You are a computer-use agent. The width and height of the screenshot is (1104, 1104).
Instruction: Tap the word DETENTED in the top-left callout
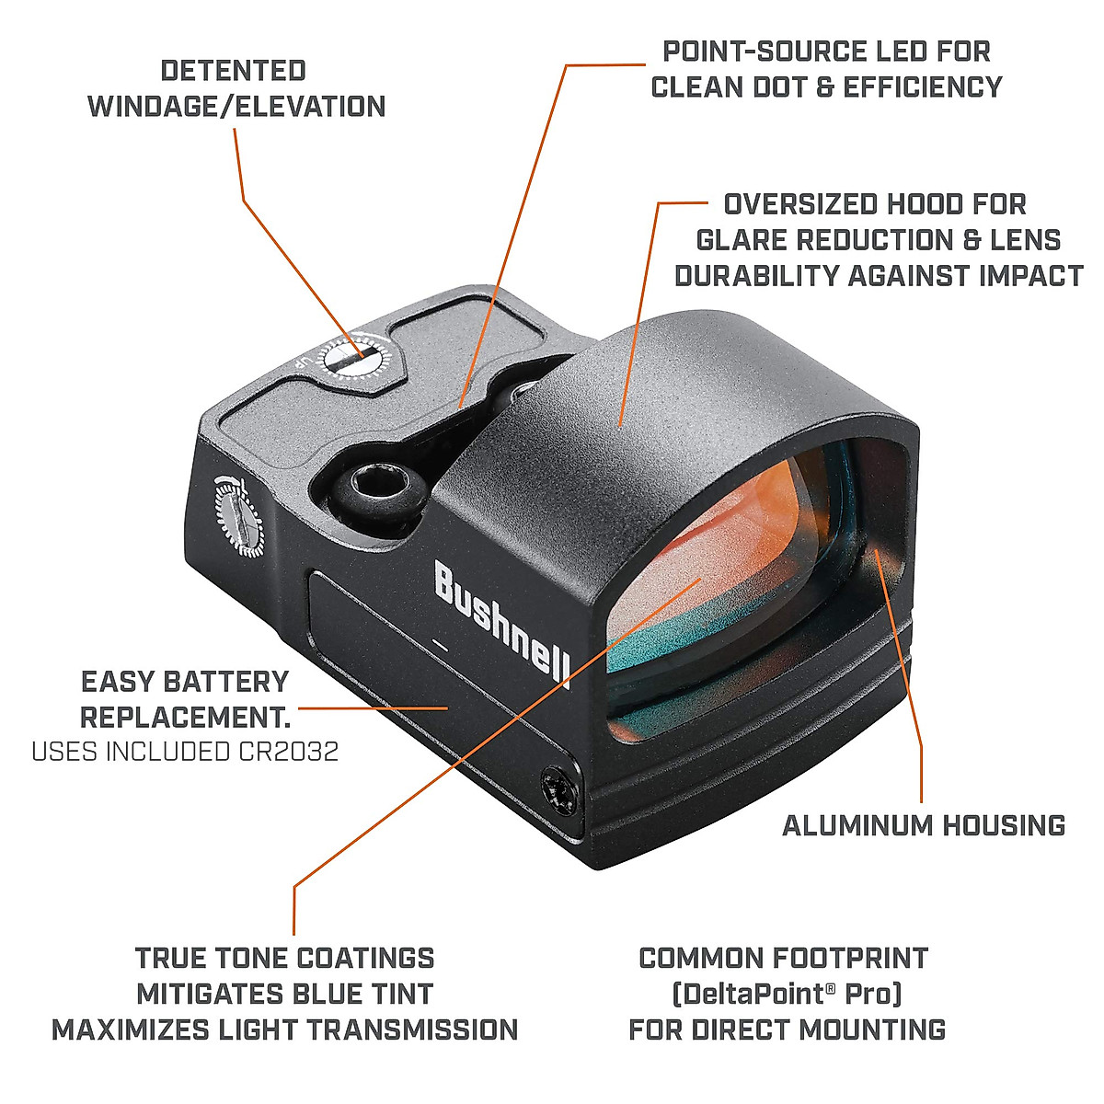coord(233,71)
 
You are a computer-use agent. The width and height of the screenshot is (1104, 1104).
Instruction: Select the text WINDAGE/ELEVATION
coord(236,107)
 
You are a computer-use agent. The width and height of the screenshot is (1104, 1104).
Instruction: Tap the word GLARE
coord(742,240)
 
